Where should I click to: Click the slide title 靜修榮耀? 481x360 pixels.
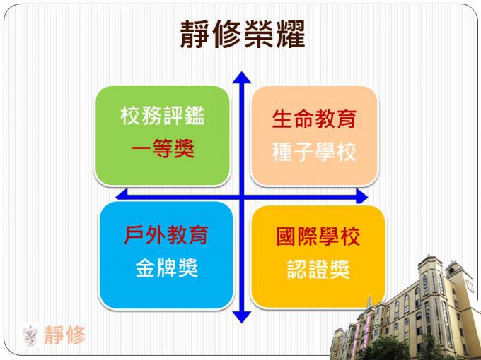click(243, 34)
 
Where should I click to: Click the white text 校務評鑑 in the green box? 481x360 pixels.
click(163, 116)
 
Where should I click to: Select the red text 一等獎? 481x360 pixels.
click(163, 148)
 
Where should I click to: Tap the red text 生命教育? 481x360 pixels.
click(314, 119)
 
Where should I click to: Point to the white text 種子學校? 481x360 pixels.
click(314, 152)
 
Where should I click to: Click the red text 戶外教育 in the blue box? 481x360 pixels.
click(166, 235)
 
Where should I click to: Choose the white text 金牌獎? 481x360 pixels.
click(166, 268)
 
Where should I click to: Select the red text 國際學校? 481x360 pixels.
click(318, 236)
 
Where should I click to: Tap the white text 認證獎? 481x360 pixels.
click(318, 269)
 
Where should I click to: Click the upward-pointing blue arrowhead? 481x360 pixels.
click(242, 78)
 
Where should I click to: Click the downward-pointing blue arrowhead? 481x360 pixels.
click(242, 317)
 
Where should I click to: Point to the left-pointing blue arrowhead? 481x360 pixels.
click(122, 195)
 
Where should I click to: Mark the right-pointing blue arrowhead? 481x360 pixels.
click(361, 196)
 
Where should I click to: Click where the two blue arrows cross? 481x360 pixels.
click(242, 196)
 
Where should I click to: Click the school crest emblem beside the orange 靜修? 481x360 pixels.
click(30, 336)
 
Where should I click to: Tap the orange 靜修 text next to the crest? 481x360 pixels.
click(65, 335)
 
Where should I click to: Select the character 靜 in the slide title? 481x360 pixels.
click(195, 34)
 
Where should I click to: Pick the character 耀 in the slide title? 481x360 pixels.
click(290, 34)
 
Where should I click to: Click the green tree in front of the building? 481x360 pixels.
click(383, 349)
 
